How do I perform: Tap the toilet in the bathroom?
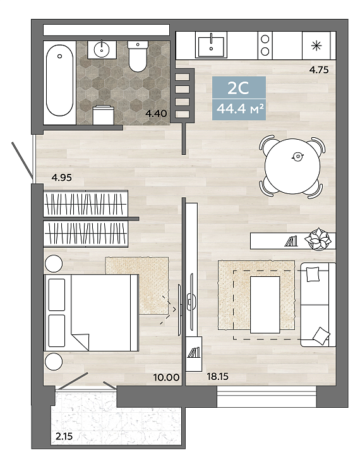point(138,56)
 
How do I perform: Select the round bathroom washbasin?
point(102,49)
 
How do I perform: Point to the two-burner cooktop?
point(265,46)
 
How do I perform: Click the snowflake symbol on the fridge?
point(316,46)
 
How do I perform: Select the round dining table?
point(292,166)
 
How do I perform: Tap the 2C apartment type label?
point(239,88)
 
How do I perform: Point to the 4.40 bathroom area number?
point(157,113)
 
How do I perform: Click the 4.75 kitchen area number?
point(319,70)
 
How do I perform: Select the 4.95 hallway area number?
point(62,178)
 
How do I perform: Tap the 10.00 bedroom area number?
point(166,377)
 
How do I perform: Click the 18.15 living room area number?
point(218,377)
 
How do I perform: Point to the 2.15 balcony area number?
point(64,436)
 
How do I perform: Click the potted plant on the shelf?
point(318,239)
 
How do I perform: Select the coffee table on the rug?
point(265,305)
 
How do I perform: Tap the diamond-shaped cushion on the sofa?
point(321,336)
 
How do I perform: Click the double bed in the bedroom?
point(92,312)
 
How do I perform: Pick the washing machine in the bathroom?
point(104,115)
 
